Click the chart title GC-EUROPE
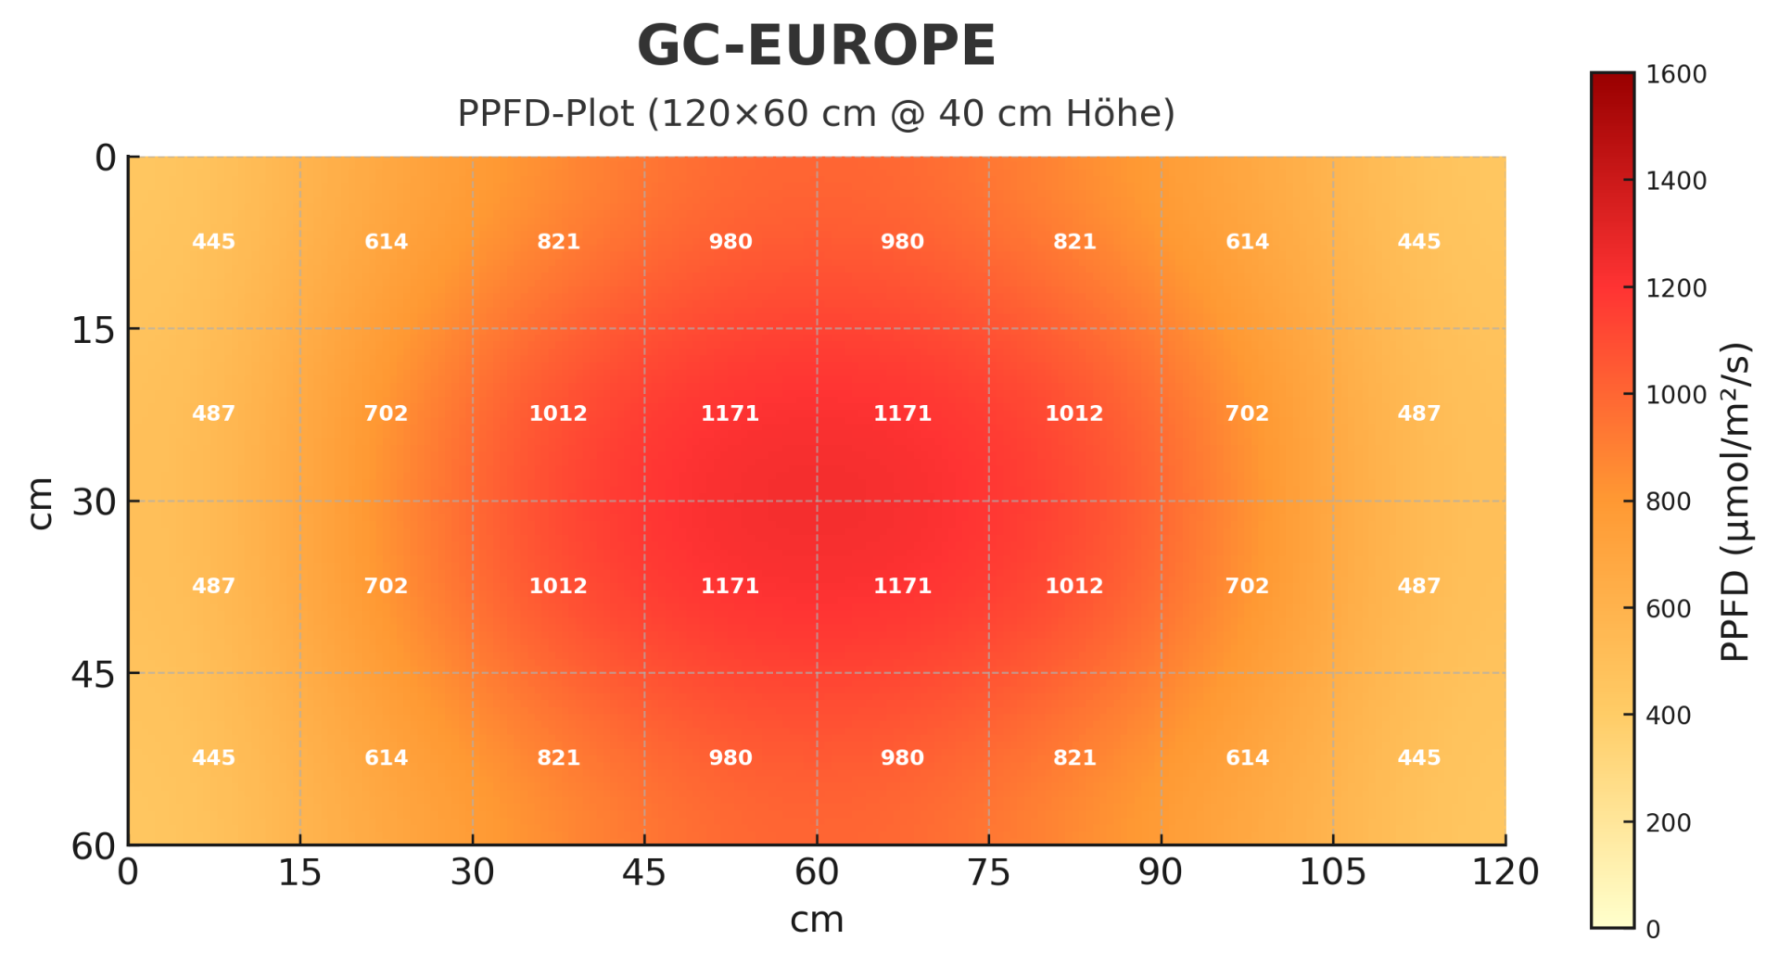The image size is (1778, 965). pos(816,46)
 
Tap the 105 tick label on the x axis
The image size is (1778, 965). pos(1332,872)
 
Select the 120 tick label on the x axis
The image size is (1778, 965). pos(1505,872)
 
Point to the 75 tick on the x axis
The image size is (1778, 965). pos(988,872)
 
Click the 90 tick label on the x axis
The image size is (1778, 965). pos(1161,872)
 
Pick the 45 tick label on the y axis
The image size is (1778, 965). pos(94,675)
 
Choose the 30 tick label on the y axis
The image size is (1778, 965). pos(94,502)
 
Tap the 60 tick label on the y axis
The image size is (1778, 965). pos(94,846)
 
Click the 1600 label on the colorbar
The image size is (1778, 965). pos(1676,74)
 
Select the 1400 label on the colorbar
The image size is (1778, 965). pos(1676,181)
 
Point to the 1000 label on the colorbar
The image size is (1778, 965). pos(1676,395)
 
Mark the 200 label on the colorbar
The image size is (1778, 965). pos(1669,823)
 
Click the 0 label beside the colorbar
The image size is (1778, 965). pos(1653,930)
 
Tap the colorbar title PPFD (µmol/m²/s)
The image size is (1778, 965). pos(1734,502)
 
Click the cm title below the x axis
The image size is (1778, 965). pos(816,921)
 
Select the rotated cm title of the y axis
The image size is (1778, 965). pos(40,502)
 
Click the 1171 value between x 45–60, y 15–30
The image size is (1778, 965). pos(730,413)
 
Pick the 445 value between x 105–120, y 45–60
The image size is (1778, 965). pos(1418,758)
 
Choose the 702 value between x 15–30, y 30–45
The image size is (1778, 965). pos(386,586)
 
